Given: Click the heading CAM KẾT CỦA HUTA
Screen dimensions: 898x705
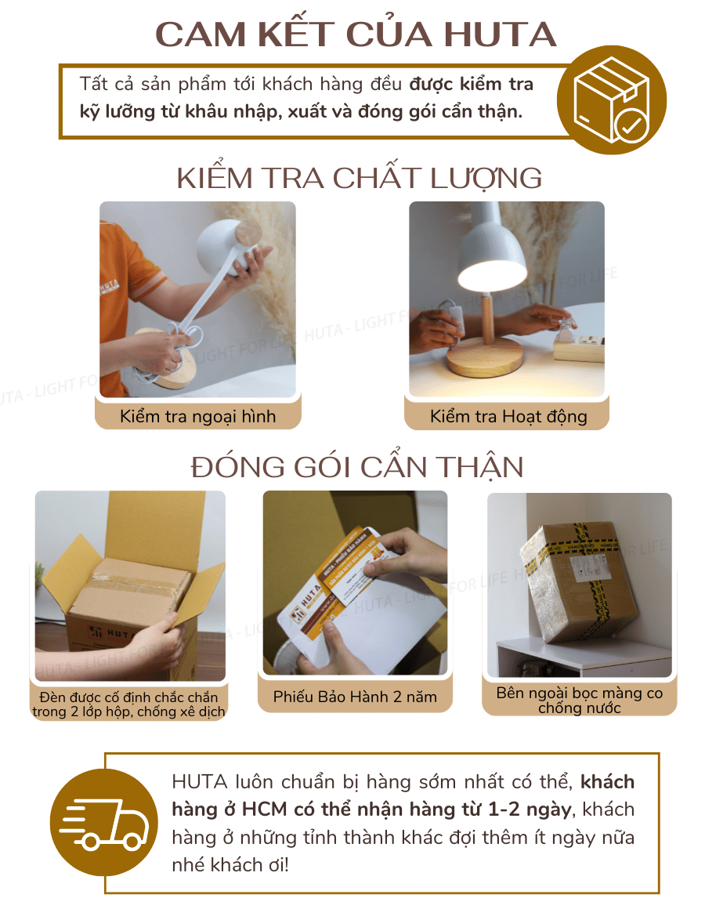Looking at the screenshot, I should pyautogui.click(x=356, y=34).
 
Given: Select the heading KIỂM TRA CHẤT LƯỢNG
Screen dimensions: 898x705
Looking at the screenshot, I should pyautogui.click(x=359, y=179).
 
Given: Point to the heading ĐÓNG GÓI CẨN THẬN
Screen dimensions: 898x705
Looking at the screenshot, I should pyautogui.click(x=357, y=467).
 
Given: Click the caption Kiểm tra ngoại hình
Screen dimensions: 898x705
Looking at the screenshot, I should pyautogui.click(x=197, y=416).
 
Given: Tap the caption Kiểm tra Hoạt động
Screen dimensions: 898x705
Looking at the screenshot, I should pyautogui.click(x=508, y=416).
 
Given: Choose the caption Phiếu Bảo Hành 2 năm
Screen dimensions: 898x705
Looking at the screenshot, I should pyautogui.click(x=355, y=696).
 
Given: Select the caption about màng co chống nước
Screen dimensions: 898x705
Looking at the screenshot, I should pyautogui.click(x=579, y=701).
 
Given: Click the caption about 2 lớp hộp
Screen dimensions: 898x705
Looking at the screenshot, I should pyautogui.click(x=129, y=704).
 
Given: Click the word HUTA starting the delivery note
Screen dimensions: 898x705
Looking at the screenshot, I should pyautogui.click(x=199, y=782).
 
